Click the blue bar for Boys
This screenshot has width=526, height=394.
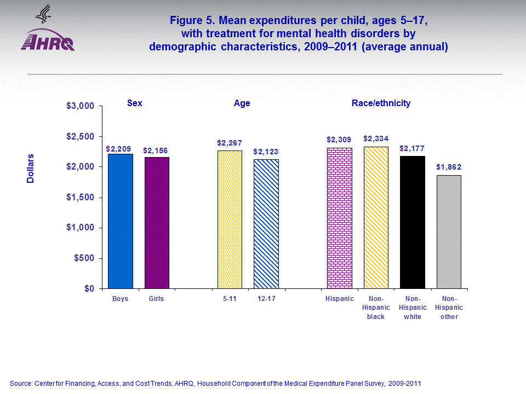point(120,221)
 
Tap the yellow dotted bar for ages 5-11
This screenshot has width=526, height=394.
point(230,219)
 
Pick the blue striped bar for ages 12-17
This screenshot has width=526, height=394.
point(266,224)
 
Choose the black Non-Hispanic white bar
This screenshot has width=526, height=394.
point(413,222)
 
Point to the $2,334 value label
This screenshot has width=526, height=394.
point(375,138)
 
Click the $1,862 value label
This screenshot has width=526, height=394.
point(449,167)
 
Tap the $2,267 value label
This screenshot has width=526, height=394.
point(230,142)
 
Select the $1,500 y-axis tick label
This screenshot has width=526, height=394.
point(81,197)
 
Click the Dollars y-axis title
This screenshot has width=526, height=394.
point(31,168)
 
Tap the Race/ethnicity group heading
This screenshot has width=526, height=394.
point(381,103)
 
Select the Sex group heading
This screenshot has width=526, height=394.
point(134,103)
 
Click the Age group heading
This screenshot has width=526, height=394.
point(242,103)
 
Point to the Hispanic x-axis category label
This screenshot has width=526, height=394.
point(340,299)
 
